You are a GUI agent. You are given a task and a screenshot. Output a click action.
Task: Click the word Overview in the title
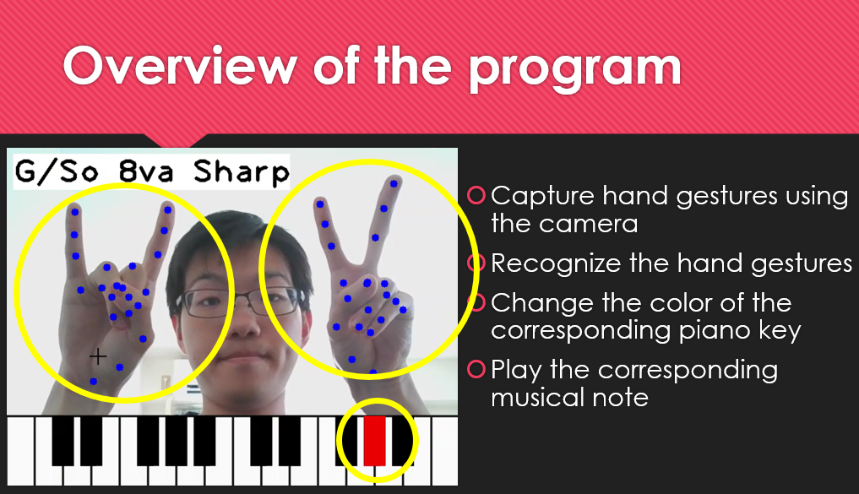180,66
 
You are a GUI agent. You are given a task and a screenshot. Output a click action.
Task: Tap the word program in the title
574,71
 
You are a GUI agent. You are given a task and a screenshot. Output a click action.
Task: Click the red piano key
375,440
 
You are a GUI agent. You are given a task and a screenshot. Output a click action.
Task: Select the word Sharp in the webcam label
242,172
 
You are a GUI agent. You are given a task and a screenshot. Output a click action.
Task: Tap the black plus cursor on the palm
98,356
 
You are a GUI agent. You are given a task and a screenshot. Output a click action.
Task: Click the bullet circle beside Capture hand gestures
476,195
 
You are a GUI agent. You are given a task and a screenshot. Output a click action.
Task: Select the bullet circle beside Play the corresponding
476,369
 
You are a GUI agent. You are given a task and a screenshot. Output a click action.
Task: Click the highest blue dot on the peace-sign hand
394,183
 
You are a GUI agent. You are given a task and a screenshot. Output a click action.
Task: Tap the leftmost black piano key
63,440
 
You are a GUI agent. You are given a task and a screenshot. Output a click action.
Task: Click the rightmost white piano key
444,450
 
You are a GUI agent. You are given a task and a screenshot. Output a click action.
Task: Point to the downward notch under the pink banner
176,140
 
